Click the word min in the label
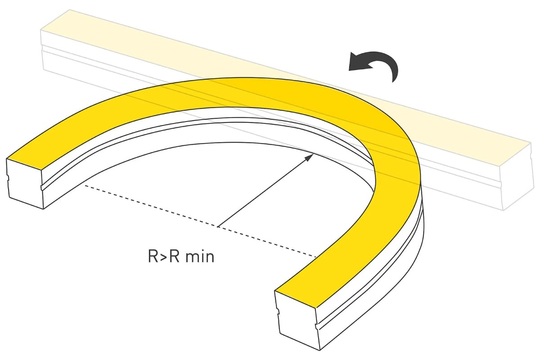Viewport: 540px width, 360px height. coord(200,256)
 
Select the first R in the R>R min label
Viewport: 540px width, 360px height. coord(153,256)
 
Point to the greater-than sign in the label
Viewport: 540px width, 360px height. coord(164,257)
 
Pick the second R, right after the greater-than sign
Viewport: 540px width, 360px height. coord(175,256)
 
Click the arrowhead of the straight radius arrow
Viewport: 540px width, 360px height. coord(309,157)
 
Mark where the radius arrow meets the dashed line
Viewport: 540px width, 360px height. coord(217,227)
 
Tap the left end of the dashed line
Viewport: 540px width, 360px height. coord(85,185)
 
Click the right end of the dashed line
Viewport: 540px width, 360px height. coord(316,257)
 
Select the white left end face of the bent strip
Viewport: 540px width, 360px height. coord(25,184)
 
